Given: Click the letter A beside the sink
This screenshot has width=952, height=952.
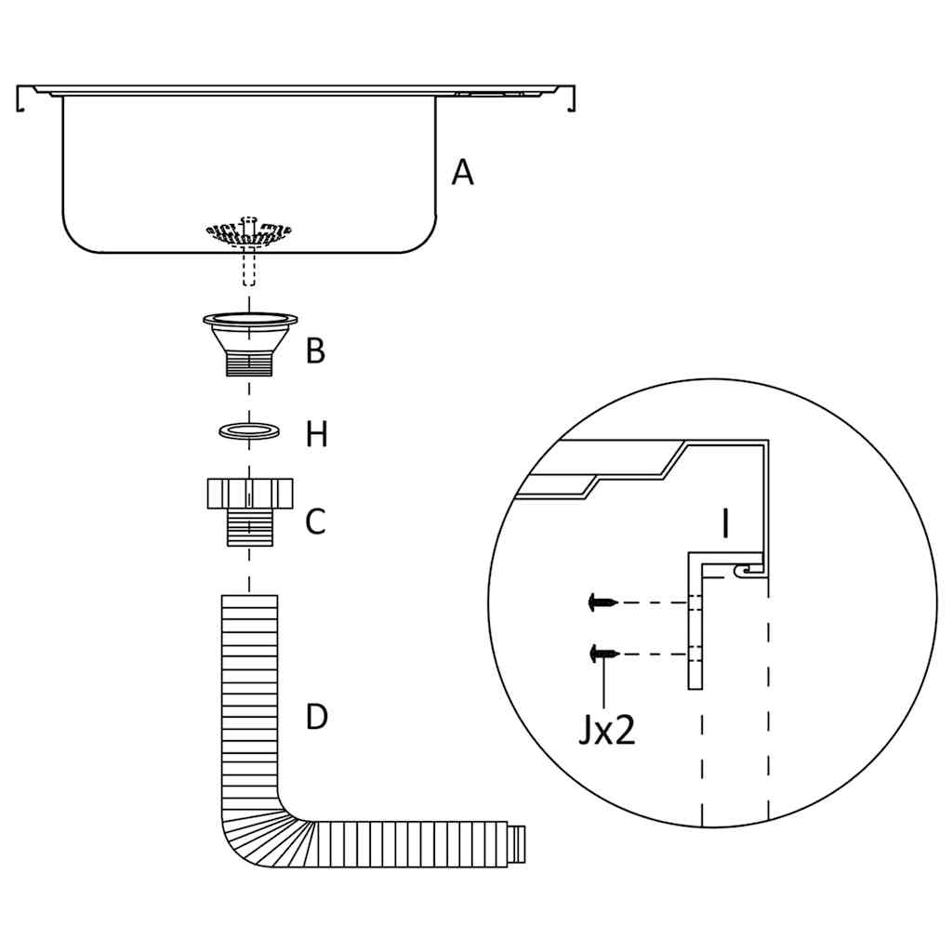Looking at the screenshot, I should (462, 173).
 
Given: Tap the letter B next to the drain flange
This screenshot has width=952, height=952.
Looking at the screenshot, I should (316, 351).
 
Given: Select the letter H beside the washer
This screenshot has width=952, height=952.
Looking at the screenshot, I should (317, 434).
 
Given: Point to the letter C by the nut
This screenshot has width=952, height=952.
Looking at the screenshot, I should (316, 522).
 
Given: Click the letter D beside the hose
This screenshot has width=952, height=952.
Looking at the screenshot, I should (317, 717).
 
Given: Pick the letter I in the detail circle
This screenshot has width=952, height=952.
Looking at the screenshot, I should (725, 524).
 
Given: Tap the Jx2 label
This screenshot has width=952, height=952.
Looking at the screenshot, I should (606, 731).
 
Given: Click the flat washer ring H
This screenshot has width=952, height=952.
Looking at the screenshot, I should (249, 431).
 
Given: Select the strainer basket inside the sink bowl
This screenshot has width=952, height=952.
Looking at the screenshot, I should (248, 232).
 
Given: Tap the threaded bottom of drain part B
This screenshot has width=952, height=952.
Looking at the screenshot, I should (250, 364).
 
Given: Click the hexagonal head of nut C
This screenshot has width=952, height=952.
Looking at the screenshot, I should (249, 492).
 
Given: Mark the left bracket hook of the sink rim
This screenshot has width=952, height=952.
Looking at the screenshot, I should (20, 99).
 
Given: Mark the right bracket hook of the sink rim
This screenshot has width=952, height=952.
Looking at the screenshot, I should (571, 99).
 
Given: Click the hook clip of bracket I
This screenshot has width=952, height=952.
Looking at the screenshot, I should (745, 568).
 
